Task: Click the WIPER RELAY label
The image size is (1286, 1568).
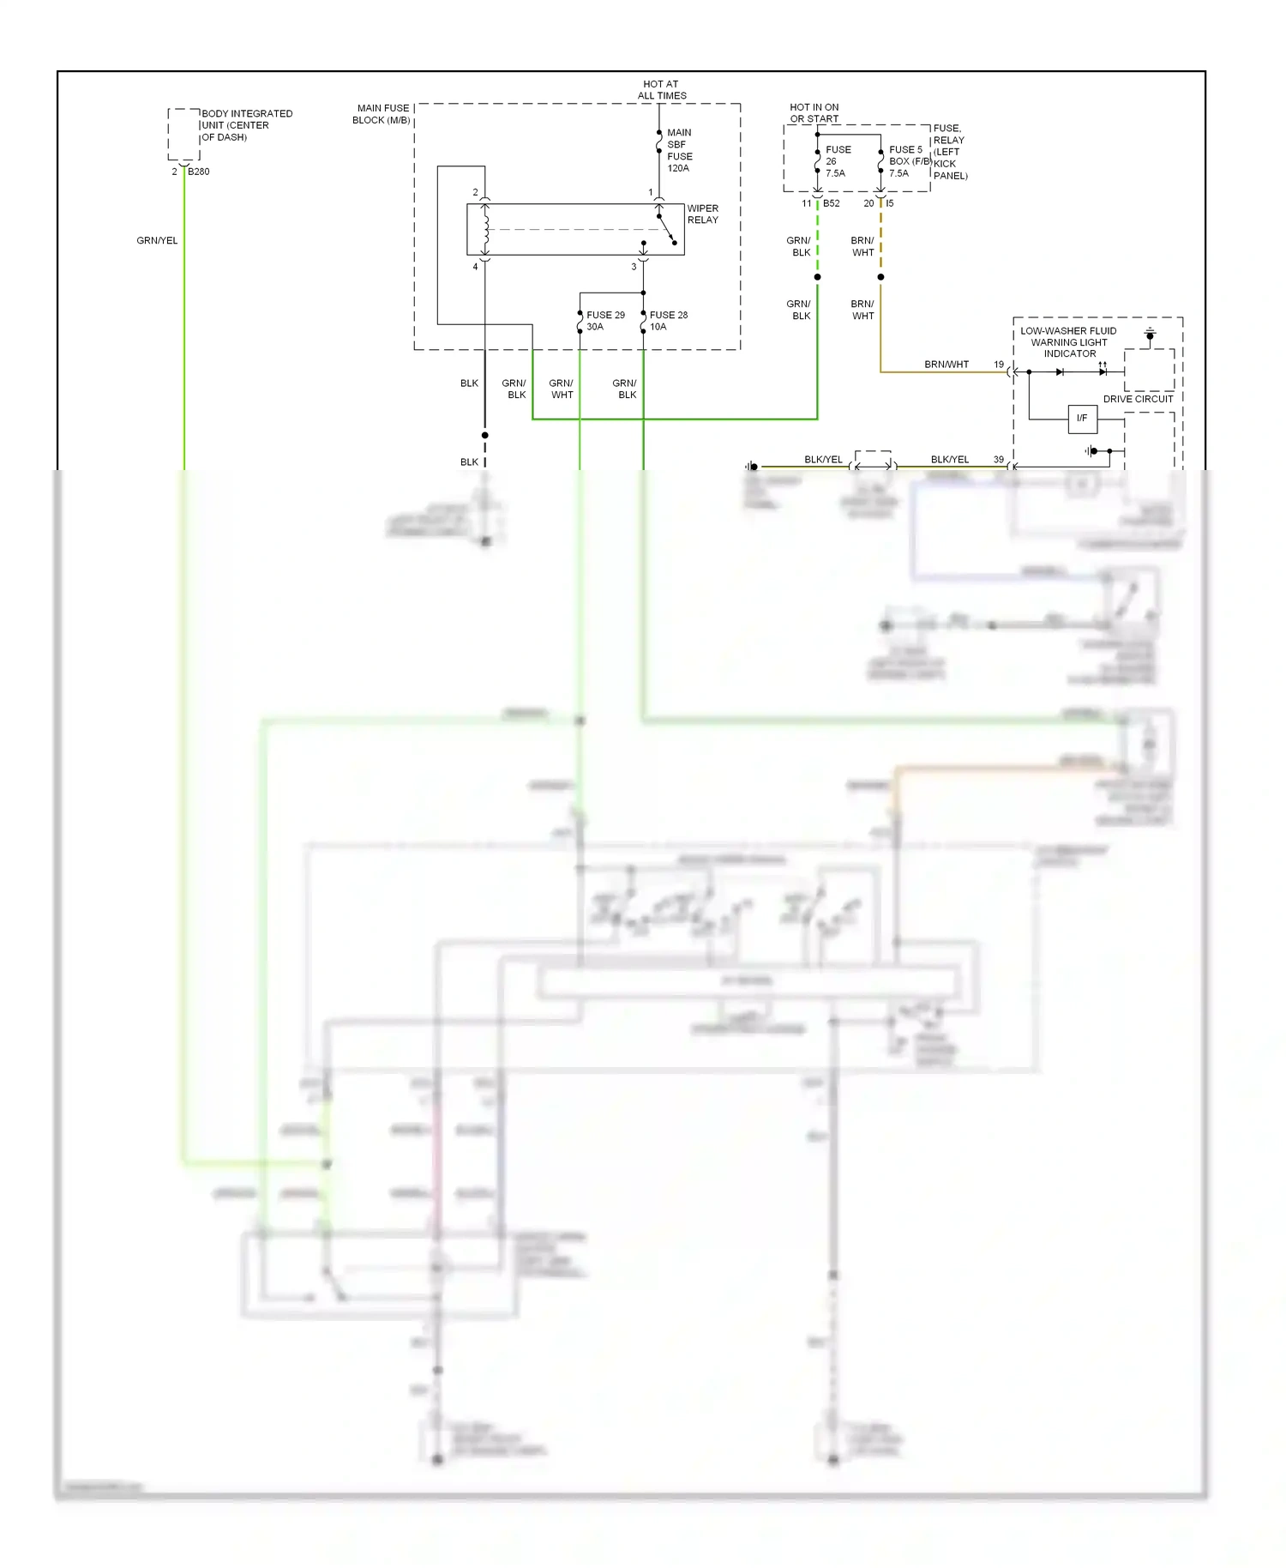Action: tap(702, 214)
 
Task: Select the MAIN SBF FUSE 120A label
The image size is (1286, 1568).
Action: tap(679, 150)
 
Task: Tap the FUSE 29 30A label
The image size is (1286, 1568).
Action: tap(604, 321)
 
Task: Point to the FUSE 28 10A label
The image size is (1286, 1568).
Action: tap(668, 321)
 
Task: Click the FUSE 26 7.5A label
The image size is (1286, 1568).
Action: tap(837, 161)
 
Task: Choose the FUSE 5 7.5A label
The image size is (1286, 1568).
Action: tap(905, 161)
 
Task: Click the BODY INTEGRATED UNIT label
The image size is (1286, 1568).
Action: tap(246, 125)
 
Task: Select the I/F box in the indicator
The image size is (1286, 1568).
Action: tap(1082, 419)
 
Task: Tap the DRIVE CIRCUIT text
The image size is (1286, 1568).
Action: tap(1138, 399)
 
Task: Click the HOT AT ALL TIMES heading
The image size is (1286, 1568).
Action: tap(661, 90)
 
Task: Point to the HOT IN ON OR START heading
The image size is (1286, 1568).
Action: tap(814, 113)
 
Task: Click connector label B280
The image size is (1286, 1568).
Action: tap(198, 172)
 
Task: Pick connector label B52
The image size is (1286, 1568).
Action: tap(831, 203)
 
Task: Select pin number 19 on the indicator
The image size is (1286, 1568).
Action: tap(998, 365)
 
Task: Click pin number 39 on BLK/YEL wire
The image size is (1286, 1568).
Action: tap(998, 460)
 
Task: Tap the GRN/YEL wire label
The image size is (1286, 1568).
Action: tap(157, 241)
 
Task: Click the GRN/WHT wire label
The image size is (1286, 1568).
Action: tap(561, 389)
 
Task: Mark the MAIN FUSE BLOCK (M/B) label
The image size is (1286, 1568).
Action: tap(382, 114)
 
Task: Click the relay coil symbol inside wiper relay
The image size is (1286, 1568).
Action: tap(485, 229)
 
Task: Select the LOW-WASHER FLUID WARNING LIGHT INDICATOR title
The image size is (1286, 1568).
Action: tap(1068, 342)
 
